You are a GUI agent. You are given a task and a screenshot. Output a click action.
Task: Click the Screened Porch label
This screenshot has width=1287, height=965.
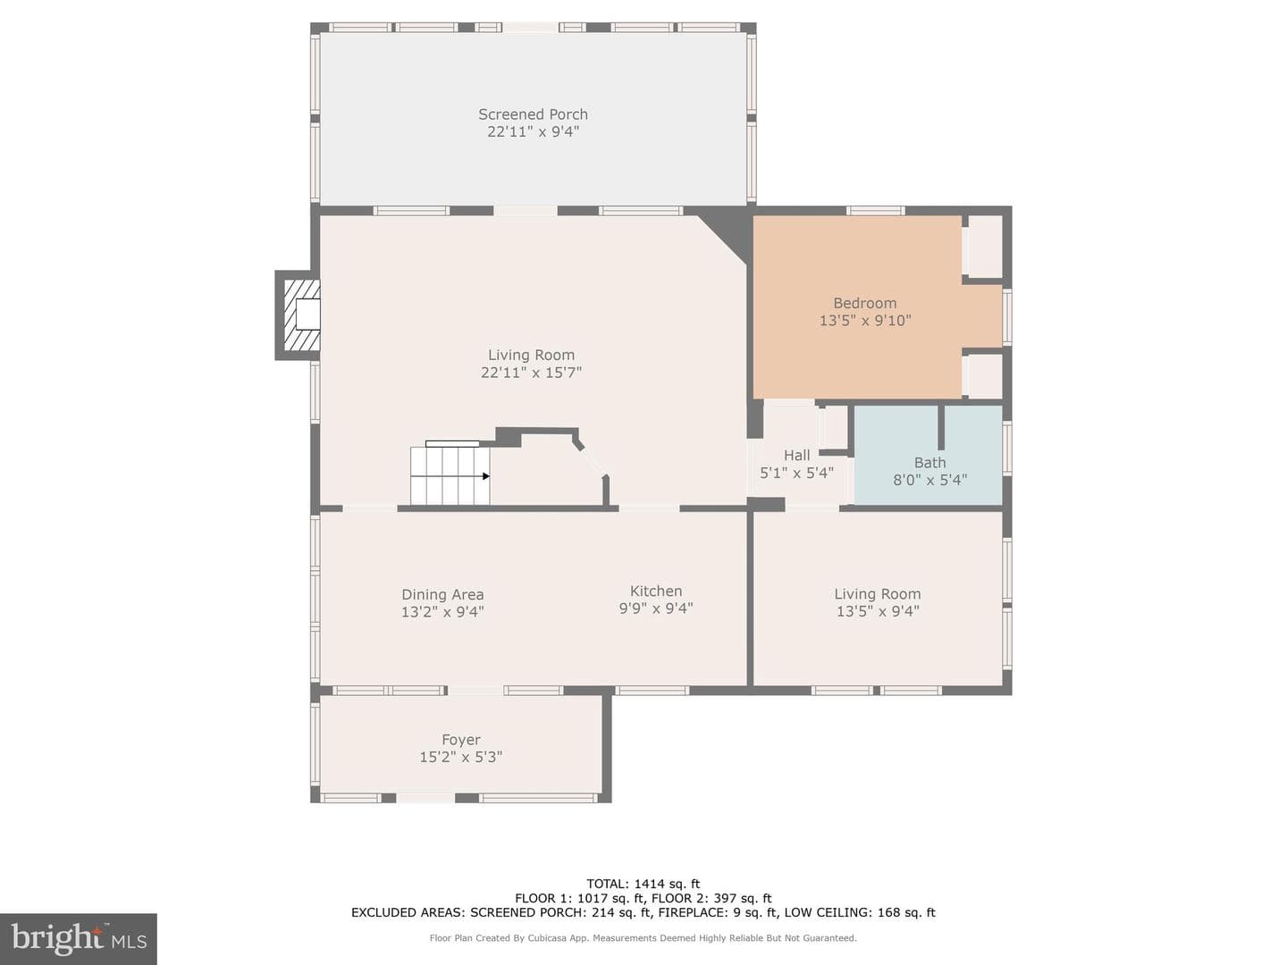[x=533, y=114]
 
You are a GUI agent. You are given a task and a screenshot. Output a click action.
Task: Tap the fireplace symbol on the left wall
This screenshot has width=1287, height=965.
[x=298, y=315]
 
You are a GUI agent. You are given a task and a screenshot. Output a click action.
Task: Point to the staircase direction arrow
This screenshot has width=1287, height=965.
[x=486, y=475]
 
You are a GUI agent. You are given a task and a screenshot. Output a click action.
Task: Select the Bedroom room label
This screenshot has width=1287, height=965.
[x=865, y=304]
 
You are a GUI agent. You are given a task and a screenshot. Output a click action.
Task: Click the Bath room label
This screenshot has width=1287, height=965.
[x=929, y=463]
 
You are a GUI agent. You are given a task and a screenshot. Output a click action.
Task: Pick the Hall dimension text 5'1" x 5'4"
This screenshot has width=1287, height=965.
[x=797, y=473]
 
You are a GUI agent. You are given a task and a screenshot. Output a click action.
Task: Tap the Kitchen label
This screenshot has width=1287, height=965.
[x=656, y=592]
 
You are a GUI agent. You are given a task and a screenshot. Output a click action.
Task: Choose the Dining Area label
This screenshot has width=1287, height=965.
[x=442, y=595]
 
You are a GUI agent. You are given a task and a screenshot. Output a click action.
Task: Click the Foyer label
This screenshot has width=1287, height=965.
[x=461, y=740]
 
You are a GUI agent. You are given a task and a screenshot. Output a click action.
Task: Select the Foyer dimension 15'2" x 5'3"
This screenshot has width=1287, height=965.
[x=461, y=758]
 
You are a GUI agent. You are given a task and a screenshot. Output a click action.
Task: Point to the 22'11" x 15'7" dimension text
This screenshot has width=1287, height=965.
[x=531, y=373]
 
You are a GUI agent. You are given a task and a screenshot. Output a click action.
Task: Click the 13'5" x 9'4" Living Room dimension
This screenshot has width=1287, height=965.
[x=878, y=611]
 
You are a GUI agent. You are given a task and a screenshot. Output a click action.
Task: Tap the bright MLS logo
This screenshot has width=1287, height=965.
[x=79, y=939]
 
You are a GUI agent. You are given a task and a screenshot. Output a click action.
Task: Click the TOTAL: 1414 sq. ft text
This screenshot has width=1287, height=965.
[x=643, y=884]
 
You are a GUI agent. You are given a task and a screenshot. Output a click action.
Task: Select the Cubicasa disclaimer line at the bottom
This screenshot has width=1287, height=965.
[x=643, y=938]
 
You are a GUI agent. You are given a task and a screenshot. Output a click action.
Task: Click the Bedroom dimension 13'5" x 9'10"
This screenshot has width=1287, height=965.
[x=865, y=321]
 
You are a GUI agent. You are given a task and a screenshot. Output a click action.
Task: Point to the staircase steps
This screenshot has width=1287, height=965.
[x=450, y=475]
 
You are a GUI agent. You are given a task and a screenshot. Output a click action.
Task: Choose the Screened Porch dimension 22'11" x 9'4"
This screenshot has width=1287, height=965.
[x=533, y=131]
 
